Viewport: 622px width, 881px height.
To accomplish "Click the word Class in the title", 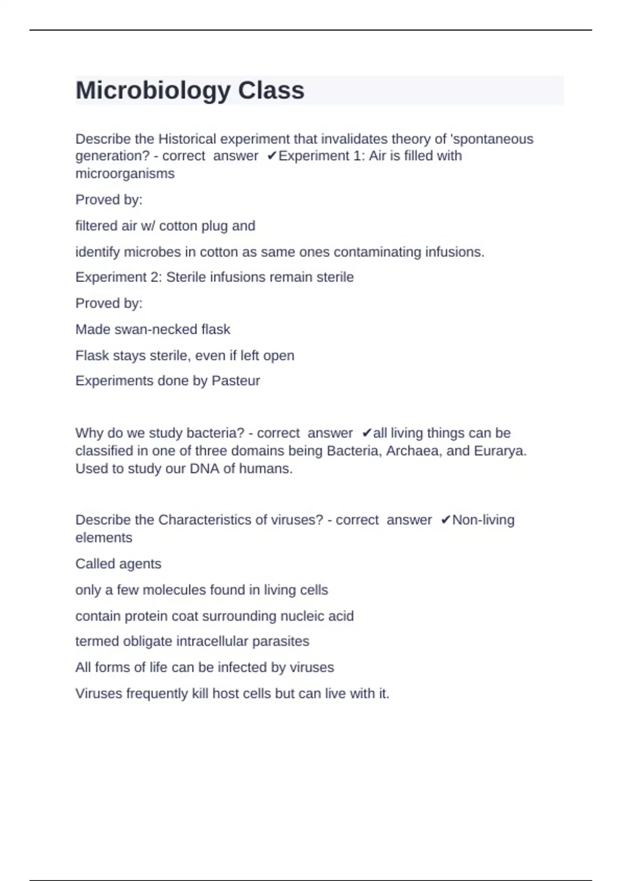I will [x=271, y=91].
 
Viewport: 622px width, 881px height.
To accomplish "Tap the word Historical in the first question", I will [x=187, y=139].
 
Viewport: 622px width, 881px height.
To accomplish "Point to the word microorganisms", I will [x=125, y=174].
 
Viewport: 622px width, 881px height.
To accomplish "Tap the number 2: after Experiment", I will [x=156, y=277].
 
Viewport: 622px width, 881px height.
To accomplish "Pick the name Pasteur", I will [x=236, y=381].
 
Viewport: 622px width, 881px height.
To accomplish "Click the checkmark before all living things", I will [x=366, y=433].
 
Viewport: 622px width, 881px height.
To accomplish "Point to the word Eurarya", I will [x=500, y=451].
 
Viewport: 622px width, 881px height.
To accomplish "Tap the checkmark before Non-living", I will [x=445, y=520].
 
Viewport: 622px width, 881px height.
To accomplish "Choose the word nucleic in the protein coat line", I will [x=301, y=616].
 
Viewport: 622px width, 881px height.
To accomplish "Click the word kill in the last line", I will [x=200, y=694].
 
